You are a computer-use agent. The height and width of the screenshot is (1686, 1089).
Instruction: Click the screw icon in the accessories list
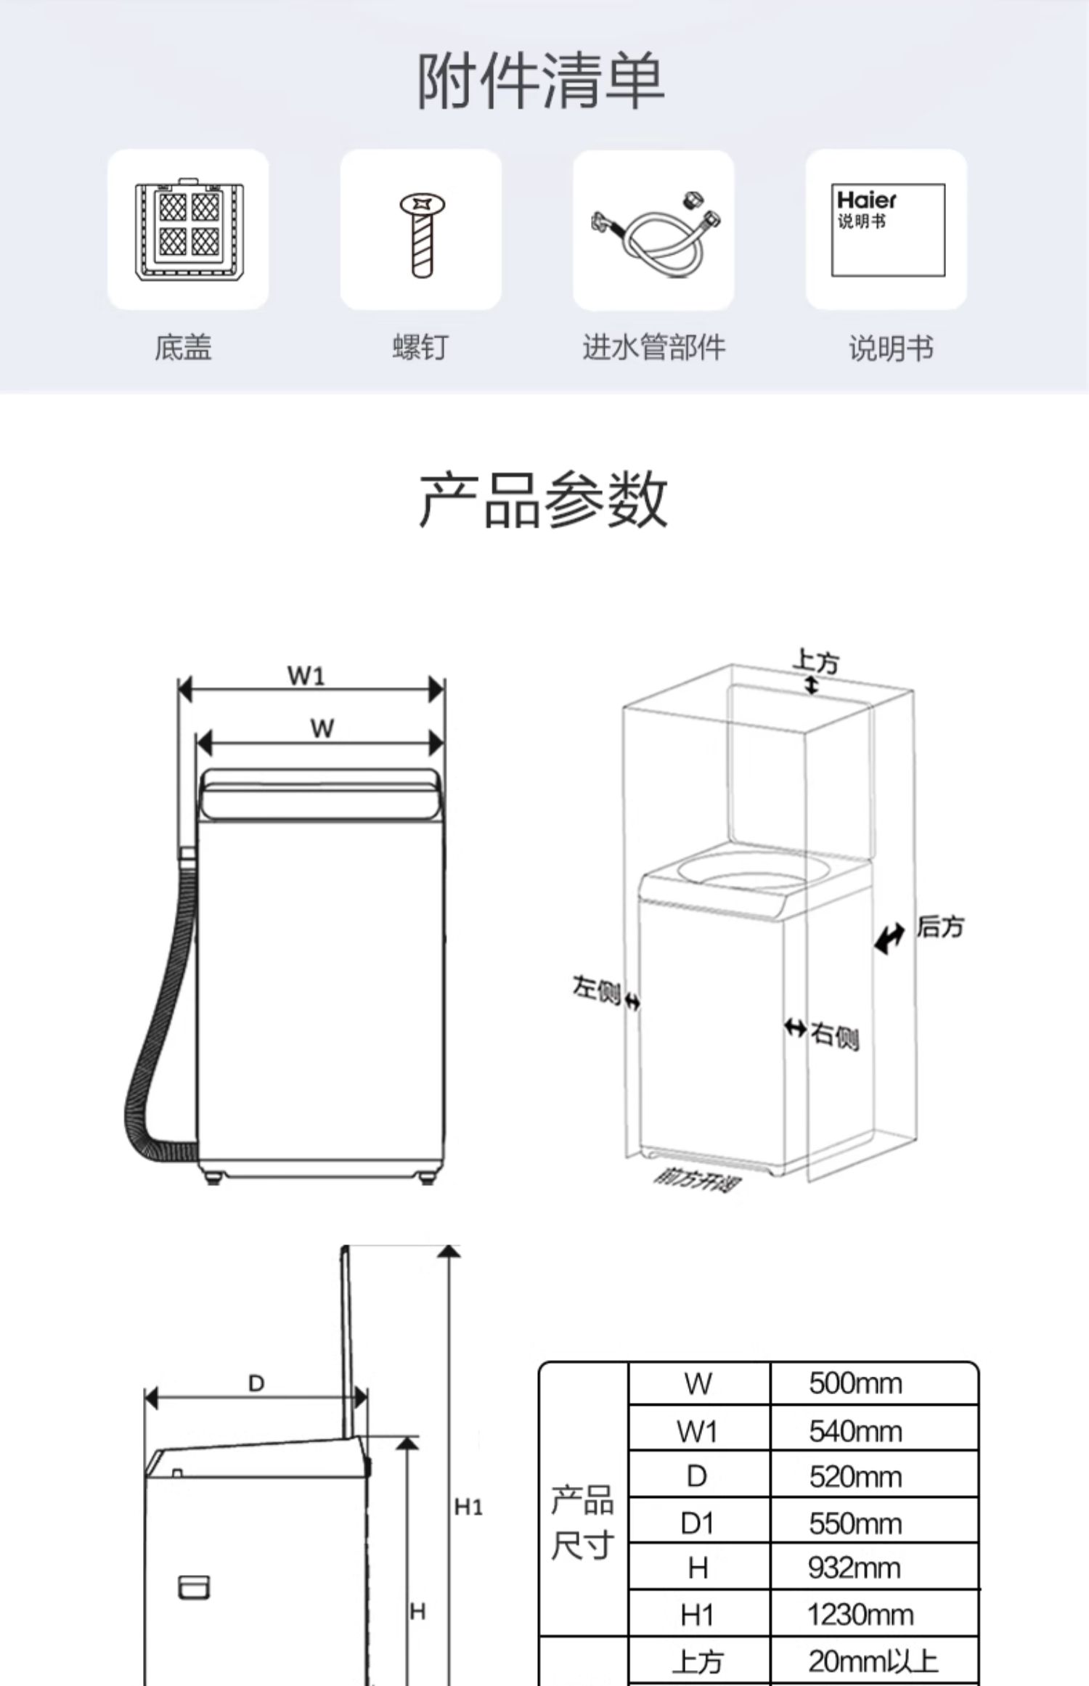(420, 233)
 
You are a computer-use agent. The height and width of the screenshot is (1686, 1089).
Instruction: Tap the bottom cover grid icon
(188, 229)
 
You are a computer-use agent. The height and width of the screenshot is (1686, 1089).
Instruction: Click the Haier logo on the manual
(866, 199)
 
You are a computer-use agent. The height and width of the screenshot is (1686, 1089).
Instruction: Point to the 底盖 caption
(182, 347)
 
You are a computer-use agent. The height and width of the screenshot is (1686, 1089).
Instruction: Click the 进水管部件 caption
(653, 347)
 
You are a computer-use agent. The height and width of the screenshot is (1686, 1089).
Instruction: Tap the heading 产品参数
(543, 500)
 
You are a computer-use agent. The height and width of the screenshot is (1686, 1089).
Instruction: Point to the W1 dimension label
(306, 675)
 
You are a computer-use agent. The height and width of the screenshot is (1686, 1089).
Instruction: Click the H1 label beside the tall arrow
(468, 1507)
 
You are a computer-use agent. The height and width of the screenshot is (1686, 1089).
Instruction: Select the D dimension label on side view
(256, 1383)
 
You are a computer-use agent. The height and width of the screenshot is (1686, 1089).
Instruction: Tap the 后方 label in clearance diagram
(939, 927)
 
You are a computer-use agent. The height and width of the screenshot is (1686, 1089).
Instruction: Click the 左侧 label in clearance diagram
(596, 988)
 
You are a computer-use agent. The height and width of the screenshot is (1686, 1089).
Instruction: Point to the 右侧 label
(835, 1035)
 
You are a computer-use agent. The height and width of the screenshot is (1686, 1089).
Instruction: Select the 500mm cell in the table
(855, 1383)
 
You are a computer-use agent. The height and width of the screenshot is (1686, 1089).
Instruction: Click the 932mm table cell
(854, 1568)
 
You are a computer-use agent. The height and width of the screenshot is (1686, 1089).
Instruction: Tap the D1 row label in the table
(697, 1523)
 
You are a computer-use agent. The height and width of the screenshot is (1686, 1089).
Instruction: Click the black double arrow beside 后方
(889, 937)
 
